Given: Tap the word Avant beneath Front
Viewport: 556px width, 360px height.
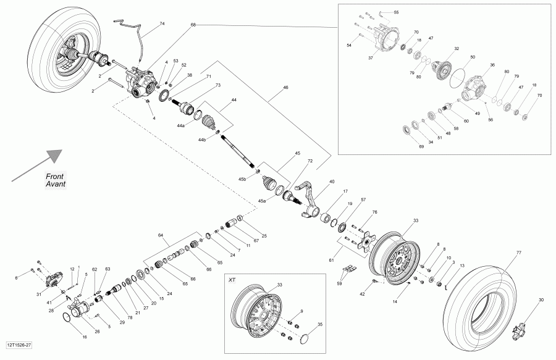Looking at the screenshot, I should coord(56,184).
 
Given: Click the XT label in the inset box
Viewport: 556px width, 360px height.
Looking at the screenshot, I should coord(232,280).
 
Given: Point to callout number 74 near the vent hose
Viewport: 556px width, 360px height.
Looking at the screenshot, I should coord(162,23).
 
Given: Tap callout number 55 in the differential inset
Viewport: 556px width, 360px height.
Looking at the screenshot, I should coord(396,12).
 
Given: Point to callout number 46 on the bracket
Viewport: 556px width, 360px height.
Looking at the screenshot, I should coord(285,88).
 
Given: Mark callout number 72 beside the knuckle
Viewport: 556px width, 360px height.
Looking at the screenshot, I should coord(310,161).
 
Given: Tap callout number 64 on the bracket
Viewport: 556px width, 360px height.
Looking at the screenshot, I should coord(161,235).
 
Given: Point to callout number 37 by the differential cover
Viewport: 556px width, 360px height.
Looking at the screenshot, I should coord(371,58).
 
